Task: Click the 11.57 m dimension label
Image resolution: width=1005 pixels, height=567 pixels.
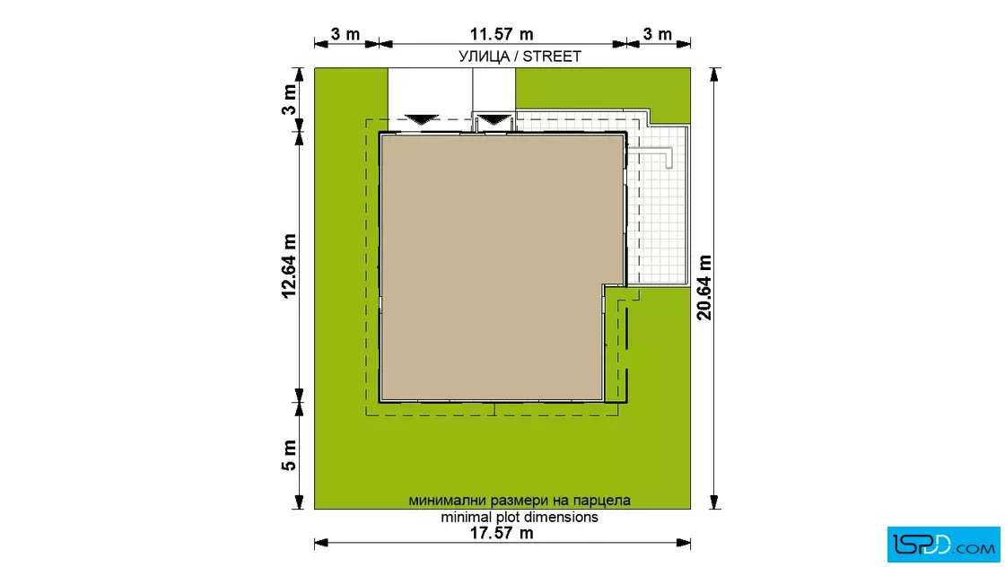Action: (502, 34)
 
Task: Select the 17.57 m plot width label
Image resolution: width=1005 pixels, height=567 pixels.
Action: (502, 532)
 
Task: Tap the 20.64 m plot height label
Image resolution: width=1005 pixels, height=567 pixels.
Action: (703, 288)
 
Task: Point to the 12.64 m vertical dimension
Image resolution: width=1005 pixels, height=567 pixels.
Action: (289, 266)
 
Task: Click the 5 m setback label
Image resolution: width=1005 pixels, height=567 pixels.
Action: (289, 456)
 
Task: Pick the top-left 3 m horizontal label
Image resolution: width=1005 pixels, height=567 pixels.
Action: (345, 34)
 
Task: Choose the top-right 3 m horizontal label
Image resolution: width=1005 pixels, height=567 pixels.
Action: (658, 34)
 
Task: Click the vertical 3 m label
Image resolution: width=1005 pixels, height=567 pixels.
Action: (289, 100)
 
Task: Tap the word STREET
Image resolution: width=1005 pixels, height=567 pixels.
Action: (552, 57)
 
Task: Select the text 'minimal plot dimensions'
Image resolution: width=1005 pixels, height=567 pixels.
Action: (520, 517)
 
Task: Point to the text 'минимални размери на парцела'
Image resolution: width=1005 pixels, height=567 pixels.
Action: (520, 501)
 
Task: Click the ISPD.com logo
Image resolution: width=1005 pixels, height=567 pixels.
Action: (943, 544)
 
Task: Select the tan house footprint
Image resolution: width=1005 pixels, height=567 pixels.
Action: (494, 267)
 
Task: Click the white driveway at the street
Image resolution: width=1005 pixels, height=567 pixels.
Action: (451, 93)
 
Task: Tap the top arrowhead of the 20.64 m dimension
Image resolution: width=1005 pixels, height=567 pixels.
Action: (714, 74)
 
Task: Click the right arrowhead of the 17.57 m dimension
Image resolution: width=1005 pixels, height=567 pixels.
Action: (685, 544)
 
